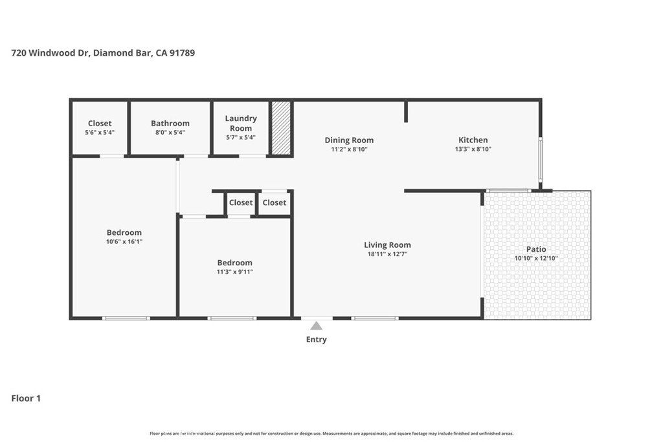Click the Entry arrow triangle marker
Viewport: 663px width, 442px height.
click(x=316, y=326)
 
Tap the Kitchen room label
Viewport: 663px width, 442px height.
click(x=473, y=140)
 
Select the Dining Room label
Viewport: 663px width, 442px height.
click(x=349, y=140)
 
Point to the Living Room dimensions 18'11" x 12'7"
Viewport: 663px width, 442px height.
click(x=387, y=254)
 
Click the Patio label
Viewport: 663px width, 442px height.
click(x=536, y=249)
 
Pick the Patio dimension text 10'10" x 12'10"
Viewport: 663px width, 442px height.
click(x=536, y=258)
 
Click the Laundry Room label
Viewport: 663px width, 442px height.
click(x=241, y=123)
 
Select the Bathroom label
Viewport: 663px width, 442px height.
click(x=170, y=123)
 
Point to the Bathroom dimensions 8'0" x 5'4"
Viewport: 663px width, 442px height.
click(x=170, y=133)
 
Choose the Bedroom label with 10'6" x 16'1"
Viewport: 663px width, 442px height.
click(x=124, y=232)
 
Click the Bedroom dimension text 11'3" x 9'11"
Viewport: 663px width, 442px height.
click(x=234, y=272)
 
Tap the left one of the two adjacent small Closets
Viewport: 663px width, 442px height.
click(x=241, y=203)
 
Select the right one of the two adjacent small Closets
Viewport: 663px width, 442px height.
click(x=275, y=203)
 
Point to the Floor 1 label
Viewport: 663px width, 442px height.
click(x=26, y=398)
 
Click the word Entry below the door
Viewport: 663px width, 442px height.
click(x=317, y=339)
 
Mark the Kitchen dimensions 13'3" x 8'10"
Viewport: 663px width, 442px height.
click(x=473, y=149)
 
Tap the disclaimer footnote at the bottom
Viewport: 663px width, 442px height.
click(x=331, y=434)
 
